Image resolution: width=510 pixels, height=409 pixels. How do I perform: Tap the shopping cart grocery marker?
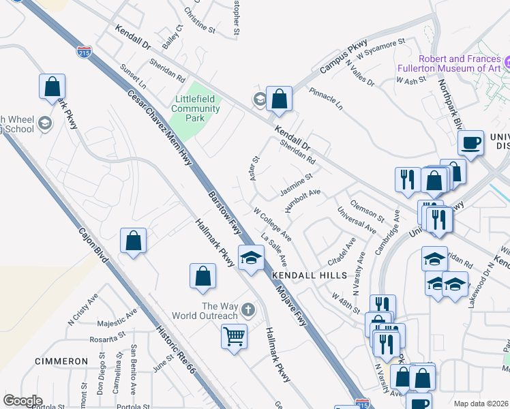[x=234, y=336]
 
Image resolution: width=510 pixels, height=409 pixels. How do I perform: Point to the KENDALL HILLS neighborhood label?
[x=309, y=275]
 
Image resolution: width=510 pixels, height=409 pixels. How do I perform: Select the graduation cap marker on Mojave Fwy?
[x=251, y=258]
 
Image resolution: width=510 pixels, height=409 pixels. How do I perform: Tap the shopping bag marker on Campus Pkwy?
[x=279, y=100]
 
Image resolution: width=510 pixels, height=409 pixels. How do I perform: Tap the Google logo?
[x=22, y=401]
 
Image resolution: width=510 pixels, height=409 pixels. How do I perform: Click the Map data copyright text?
[x=480, y=404]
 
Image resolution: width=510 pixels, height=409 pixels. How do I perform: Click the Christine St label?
[x=200, y=20]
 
